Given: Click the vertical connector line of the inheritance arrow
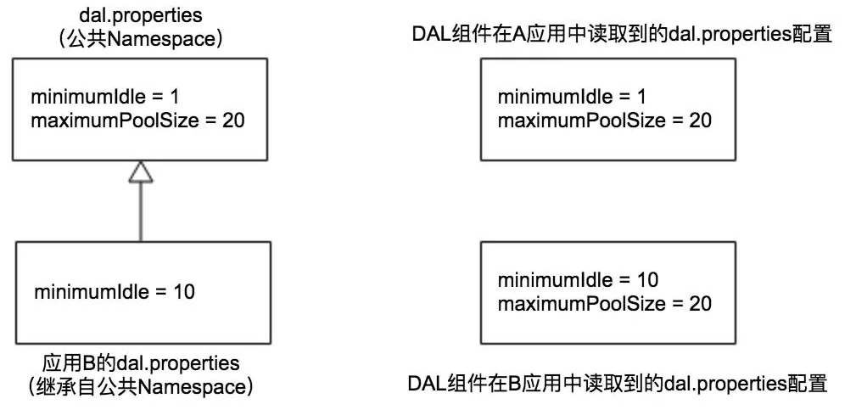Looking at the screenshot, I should coord(141,212).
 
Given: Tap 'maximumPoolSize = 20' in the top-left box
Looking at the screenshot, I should coord(137,120).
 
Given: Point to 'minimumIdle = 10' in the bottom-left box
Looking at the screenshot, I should coord(115,292).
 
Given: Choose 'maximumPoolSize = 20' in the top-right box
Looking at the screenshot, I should coord(604,120).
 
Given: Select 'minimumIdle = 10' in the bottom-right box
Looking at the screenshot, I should coord(578,280).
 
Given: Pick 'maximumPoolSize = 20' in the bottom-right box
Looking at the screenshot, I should coord(604,303).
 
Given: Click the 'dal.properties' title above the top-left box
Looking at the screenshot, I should coord(141,16).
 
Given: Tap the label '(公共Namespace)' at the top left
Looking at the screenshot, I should coord(141,39).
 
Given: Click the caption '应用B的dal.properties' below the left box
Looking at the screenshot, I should coord(141,363).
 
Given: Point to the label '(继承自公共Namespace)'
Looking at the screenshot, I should coord(141,388).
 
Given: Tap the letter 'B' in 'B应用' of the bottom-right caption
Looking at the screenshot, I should coord(521,384).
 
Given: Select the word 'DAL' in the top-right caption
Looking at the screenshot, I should coord(428,37).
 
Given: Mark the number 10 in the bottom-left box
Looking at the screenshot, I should coord(184,292).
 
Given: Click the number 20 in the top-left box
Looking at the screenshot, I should coord(233,120).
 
